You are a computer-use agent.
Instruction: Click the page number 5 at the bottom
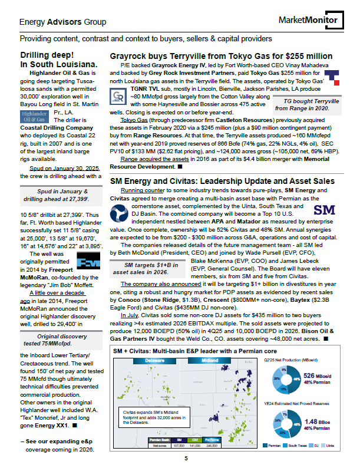click(186, 458)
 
